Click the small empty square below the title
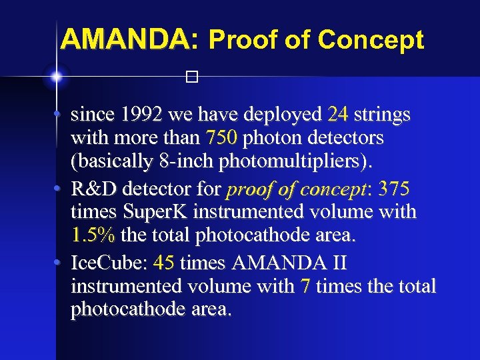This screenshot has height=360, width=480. (192, 77)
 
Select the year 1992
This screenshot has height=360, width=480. (142, 115)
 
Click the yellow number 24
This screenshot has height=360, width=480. (339, 115)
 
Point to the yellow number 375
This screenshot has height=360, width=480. (394, 189)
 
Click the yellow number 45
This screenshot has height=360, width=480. (164, 263)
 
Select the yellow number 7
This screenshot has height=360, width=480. (305, 287)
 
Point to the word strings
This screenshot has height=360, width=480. (382, 115)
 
